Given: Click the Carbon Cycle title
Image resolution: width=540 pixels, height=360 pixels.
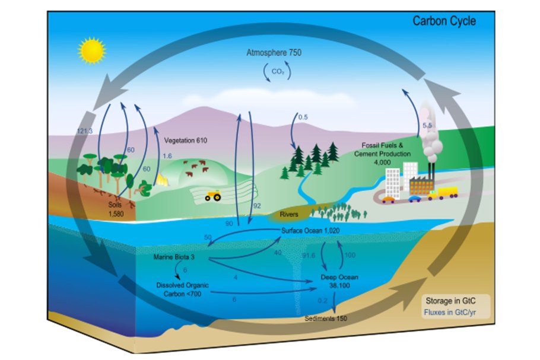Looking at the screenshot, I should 444,22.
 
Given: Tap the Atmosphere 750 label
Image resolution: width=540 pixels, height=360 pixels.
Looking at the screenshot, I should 274,53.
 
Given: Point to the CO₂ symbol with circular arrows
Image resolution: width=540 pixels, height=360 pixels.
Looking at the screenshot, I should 274,72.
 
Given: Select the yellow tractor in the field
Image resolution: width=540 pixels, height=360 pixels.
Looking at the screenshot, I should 212,195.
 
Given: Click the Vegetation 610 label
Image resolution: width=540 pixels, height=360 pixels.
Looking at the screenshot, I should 189,141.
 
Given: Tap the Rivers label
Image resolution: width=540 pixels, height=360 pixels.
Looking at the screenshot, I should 288,214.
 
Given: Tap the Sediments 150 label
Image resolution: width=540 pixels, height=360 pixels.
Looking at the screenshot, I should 326,319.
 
